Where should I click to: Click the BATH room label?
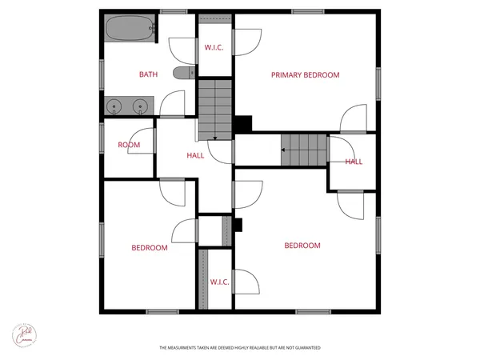(x=148, y=74)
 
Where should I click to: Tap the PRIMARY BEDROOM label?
(x=305, y=75)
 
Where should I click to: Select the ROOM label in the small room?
(x=129, y=145)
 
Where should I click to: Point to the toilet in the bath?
(x=185, y=74)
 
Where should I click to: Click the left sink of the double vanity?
(x=115, y=105)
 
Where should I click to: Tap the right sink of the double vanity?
(x=142, y=105)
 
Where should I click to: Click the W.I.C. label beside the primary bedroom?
(x=214, y=48)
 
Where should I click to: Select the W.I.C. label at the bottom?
(x=220, y=282)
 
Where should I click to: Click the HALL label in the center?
(x=195, y=155)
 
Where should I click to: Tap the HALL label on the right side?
(x=354, y=162)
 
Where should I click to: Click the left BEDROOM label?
(x=150, y=248)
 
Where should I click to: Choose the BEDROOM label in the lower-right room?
(x=302, y=246)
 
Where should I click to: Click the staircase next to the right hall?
(x=304, y=150)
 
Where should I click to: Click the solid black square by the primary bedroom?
(x=242, y=125)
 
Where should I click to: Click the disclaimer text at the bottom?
(x=240, y=347)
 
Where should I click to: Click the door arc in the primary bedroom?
(x=354, y=118)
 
